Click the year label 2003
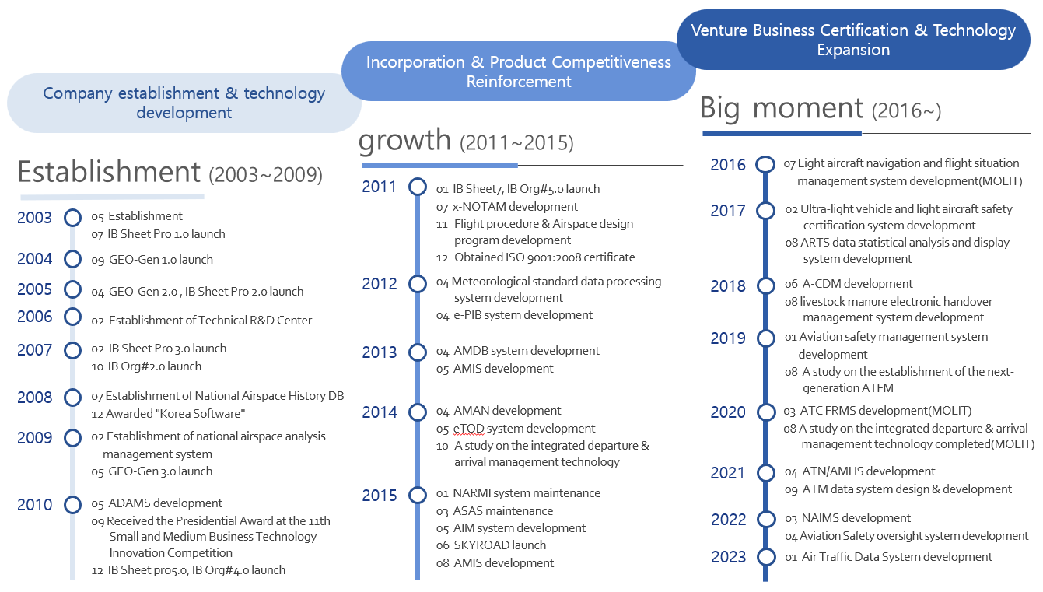click(x=34, y=218)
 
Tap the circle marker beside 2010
click(x=72, y=505)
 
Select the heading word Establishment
click(x=109, y=172)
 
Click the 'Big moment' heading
click(x=782, y=109)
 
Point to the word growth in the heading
click(x=404, y=140)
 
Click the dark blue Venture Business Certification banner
click(x=853, y=40)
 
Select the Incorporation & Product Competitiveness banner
click(x=518, y=72)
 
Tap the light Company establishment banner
click(x=184, y=103)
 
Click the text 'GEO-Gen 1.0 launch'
click(x=161, y=259)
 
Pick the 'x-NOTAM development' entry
click(x=515, y=206)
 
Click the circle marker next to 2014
click(x=418, y=412)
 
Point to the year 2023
click(x=728, y=557)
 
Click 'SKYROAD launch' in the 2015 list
click(x=499, y=545)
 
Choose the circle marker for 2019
click(x=766, y=338)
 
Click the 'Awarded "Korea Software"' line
click(x=175, y=414)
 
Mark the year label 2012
click(x=380, y=284)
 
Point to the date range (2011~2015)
click(x=516, y=142)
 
